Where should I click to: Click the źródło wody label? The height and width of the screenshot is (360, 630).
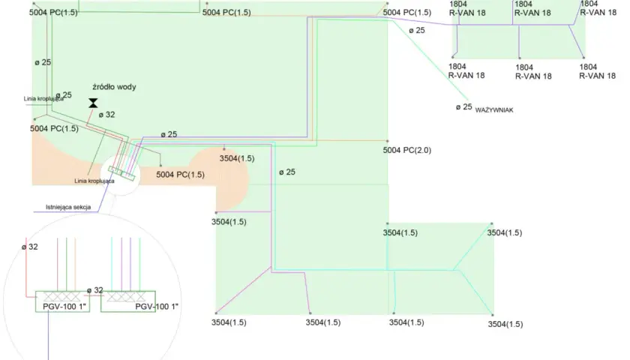[x=114, y=87]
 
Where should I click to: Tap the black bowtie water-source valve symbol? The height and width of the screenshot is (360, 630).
[x=93, y=103]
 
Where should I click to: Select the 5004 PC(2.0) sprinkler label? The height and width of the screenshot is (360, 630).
[x=407, y=150]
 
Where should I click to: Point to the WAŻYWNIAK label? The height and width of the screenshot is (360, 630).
[x=494, y=110]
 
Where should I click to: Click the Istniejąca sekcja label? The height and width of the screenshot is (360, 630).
[x=68, y=207]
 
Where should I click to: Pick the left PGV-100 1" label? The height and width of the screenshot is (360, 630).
[x=64, y=307]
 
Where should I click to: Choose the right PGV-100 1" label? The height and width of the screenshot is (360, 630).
[x=157, y=307]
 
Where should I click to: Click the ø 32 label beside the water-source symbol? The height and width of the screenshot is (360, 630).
[x=106, y=115]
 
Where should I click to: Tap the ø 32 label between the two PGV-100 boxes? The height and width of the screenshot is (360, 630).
[x=95, y=290]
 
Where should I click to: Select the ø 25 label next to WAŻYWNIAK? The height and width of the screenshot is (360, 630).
[x=464, y=106]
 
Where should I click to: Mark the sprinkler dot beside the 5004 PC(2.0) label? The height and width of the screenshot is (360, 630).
[x=387, y=141]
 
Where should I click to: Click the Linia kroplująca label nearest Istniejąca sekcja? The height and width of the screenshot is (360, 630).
[x=94, y=181]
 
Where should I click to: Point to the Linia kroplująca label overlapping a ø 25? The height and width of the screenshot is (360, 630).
[x=43, y=99]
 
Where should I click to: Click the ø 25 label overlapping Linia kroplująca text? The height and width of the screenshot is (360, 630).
[x=64, y=95]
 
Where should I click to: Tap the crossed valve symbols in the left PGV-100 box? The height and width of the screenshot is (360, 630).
[x=61, y=296]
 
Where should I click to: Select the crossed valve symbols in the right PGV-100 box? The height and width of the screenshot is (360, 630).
[x=126, y=296]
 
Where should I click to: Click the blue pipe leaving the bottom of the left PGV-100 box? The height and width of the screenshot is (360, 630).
[x=48, y=335]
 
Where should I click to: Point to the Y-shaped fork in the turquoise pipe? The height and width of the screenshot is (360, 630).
[x=453, y=270]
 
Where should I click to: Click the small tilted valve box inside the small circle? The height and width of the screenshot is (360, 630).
[x=121, y=174]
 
